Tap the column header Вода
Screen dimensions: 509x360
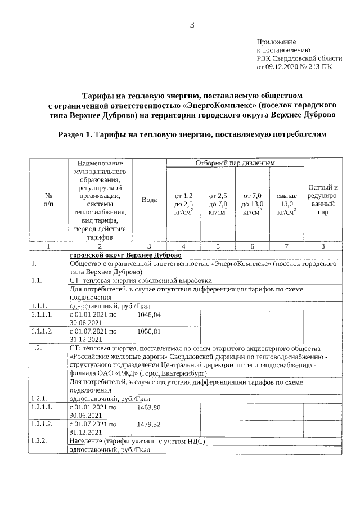149,200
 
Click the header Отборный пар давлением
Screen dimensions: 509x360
235,163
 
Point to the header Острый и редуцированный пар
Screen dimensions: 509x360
323,200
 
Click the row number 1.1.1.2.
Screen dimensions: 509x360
42,331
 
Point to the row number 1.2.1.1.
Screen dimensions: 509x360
42,407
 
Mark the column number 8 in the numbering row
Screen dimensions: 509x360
323,246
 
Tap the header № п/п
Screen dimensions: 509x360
48,200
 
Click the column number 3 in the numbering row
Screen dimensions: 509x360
149,246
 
